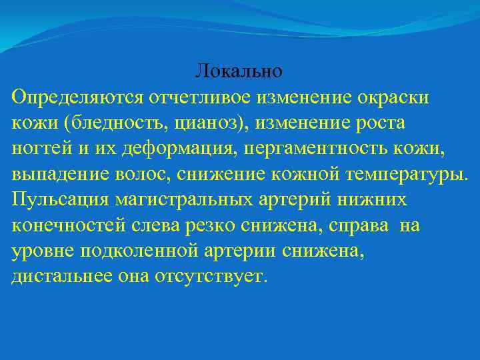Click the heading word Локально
tap(239, 70)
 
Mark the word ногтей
tap(37, 149)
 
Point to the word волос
tap(124, 175)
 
